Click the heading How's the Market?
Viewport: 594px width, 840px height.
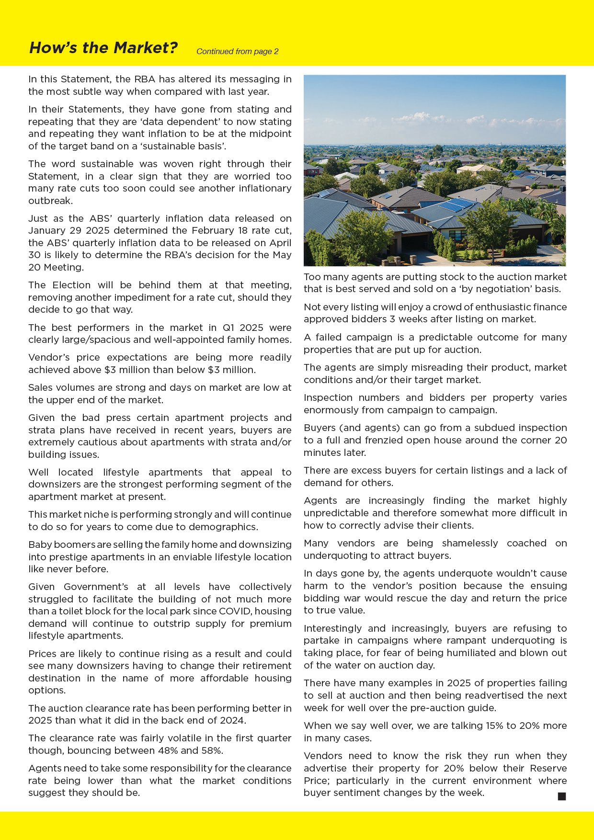click(103, 48)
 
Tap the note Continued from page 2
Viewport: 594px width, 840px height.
click(237, 52)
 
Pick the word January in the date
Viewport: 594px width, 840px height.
click(46, 231)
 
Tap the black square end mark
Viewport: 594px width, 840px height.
click(562, 796)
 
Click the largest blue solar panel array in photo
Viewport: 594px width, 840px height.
click(456, 205)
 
